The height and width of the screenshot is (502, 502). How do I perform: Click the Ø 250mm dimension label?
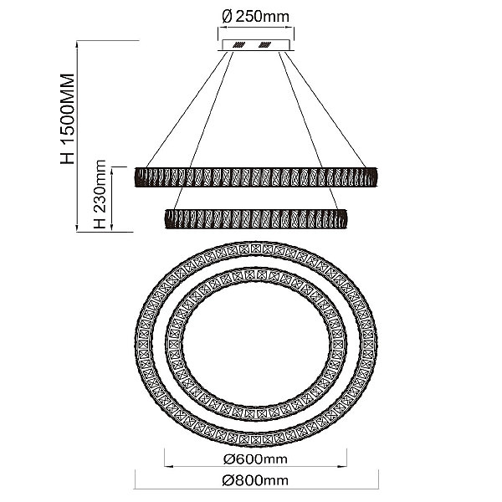255,17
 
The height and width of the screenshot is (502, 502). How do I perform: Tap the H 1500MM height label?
68,119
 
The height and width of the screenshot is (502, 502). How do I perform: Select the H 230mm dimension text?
100,194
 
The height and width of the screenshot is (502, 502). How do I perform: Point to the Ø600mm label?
255,459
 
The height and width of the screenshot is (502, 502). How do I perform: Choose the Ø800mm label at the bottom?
255,480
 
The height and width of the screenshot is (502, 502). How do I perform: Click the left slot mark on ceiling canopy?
238,44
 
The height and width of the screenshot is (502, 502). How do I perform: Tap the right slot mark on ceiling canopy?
264,44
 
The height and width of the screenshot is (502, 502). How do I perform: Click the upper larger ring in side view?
256,177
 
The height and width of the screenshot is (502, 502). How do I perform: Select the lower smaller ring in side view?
255,218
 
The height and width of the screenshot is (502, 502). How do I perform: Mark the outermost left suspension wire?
186,109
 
